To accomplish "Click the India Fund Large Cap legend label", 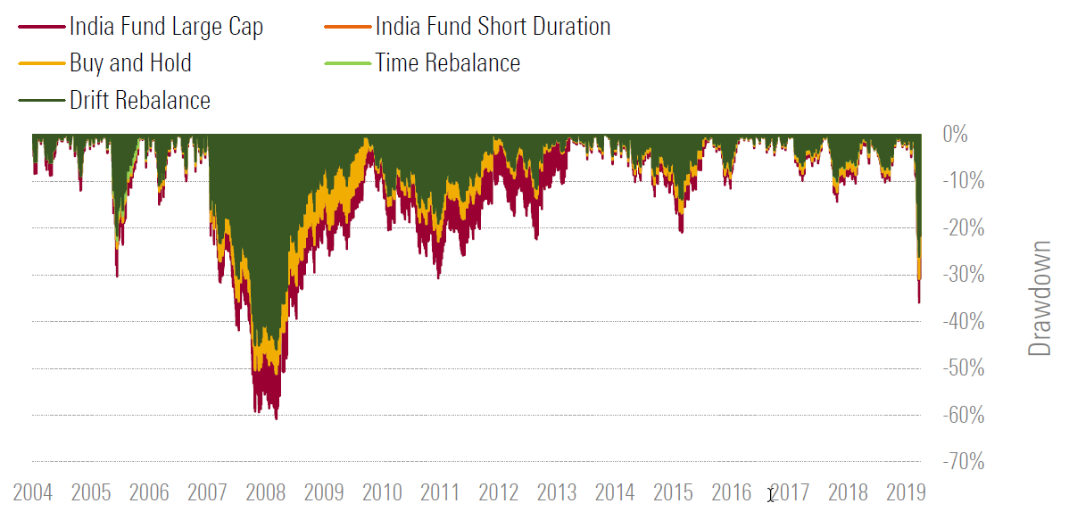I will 166,27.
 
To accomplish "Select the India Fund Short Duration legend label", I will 493,27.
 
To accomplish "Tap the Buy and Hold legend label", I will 130,63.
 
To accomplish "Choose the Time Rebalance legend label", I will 447,63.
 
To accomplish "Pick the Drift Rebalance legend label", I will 140,100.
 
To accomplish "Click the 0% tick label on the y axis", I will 955,135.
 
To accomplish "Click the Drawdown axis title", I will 1040,298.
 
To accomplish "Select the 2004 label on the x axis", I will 33,492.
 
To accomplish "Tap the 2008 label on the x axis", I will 265,492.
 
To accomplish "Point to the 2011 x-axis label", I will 440,492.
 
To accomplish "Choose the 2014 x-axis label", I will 615,492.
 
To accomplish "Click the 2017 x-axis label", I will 790,492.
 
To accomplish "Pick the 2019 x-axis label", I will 906,492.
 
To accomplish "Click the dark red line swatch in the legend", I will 41,27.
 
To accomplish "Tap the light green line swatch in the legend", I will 347,63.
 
